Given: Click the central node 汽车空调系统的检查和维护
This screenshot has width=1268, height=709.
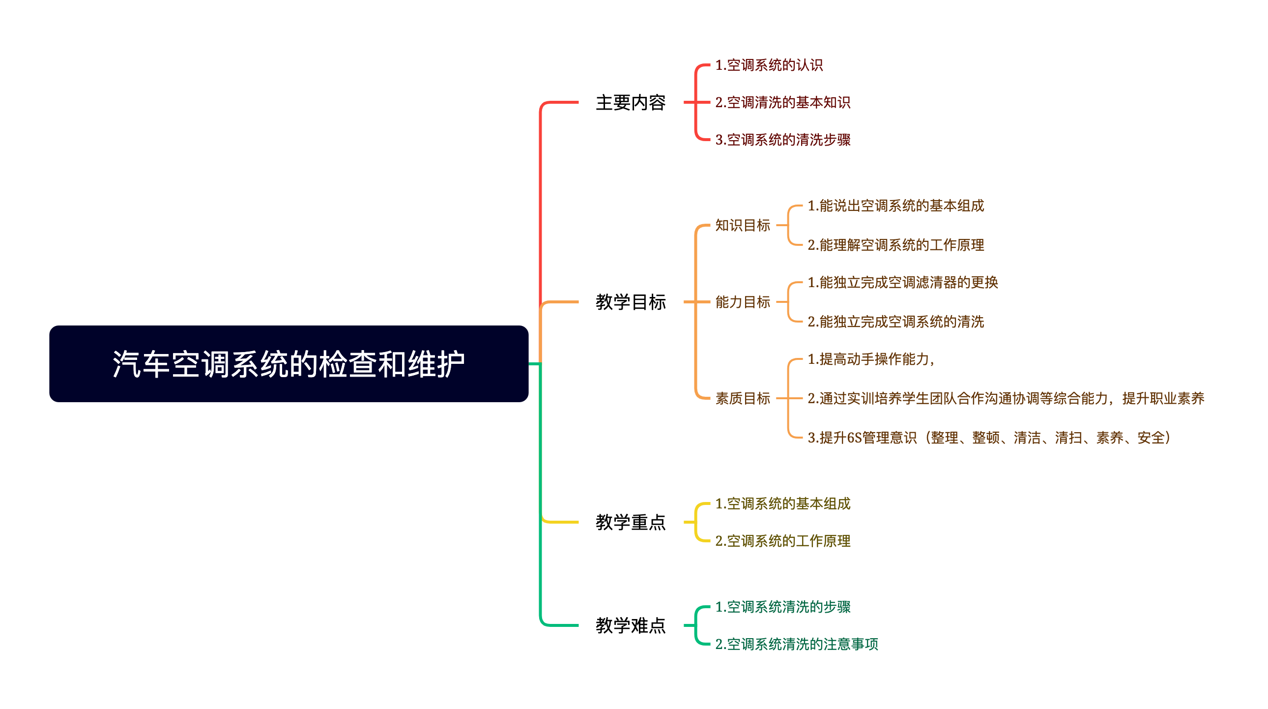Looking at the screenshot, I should pos(288,364).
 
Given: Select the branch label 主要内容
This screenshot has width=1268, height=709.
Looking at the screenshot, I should pos(631,102).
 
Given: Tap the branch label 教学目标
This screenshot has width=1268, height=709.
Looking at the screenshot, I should pos(631,302).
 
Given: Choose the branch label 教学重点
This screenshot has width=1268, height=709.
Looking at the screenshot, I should pos(631,522).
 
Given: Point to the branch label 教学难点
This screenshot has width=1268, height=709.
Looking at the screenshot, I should pos(631,625).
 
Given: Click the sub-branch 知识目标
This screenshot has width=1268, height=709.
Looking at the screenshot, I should pos(742,225).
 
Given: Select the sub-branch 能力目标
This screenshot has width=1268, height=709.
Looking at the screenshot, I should pos(742,302).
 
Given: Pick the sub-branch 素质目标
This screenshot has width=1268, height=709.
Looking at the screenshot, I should pos(742,398).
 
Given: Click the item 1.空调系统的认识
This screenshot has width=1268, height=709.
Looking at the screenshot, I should pos(769,65).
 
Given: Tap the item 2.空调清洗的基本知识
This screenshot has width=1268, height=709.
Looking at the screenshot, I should pos(782,102).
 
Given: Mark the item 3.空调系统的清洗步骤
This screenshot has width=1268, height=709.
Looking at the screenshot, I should pos(782,140).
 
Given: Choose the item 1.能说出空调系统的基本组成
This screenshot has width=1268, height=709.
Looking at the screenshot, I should pos(896,206).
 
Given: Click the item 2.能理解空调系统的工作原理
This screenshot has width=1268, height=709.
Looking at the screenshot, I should pos(896,245).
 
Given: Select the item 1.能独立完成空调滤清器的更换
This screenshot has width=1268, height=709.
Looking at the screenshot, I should pos(903,282).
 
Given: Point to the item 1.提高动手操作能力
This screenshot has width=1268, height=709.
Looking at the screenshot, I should pos(870,359).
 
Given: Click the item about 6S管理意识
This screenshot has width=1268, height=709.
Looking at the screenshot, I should pos(989,437).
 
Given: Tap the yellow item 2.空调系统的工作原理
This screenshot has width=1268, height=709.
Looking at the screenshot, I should pos(782,541).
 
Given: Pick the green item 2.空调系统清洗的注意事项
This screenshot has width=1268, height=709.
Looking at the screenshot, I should pos(797,644).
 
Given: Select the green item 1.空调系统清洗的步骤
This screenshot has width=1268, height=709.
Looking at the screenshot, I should pos(782,607).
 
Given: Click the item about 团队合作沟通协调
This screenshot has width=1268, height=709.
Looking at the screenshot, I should pos(1006,398).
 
